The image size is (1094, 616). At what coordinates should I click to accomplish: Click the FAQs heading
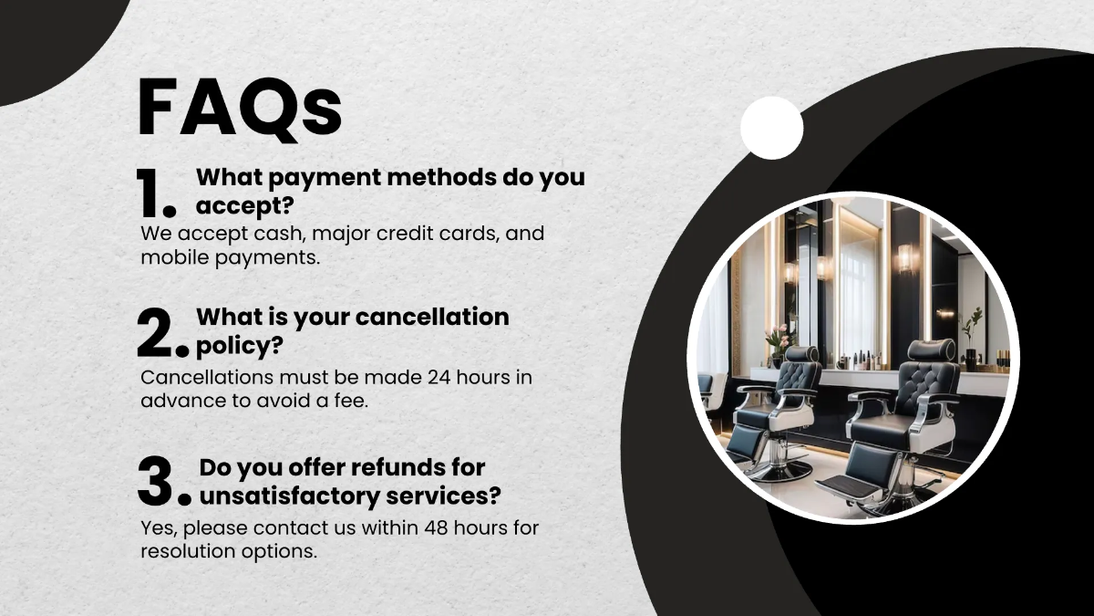[240, 108]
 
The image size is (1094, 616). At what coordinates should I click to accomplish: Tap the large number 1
[150, 193]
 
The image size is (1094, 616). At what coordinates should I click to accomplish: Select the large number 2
[157, 334]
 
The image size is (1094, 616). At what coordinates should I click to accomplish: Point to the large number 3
[157, 481]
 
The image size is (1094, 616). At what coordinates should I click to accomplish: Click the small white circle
[771, 128]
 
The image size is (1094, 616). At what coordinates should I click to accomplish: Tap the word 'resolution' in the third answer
[189, 551]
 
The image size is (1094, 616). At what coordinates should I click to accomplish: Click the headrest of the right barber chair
[931, 350]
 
